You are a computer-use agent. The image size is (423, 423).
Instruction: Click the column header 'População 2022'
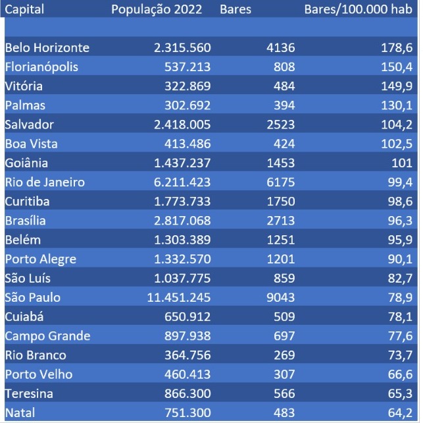point(157,10)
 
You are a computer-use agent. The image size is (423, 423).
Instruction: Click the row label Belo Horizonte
point(47,48)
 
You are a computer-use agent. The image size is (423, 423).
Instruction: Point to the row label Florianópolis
point(41,67)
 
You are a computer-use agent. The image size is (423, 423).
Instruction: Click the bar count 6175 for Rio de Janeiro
point(280,183)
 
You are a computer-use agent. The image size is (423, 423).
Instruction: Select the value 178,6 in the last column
point(397,48)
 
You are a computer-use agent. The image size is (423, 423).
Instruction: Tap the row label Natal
point(20,412)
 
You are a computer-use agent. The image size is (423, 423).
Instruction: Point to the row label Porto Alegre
point(40,259)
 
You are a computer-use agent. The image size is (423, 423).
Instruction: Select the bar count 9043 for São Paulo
point(280,297)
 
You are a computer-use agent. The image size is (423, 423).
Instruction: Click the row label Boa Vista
point(31,144)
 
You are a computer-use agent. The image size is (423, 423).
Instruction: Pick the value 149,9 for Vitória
point(397,86)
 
